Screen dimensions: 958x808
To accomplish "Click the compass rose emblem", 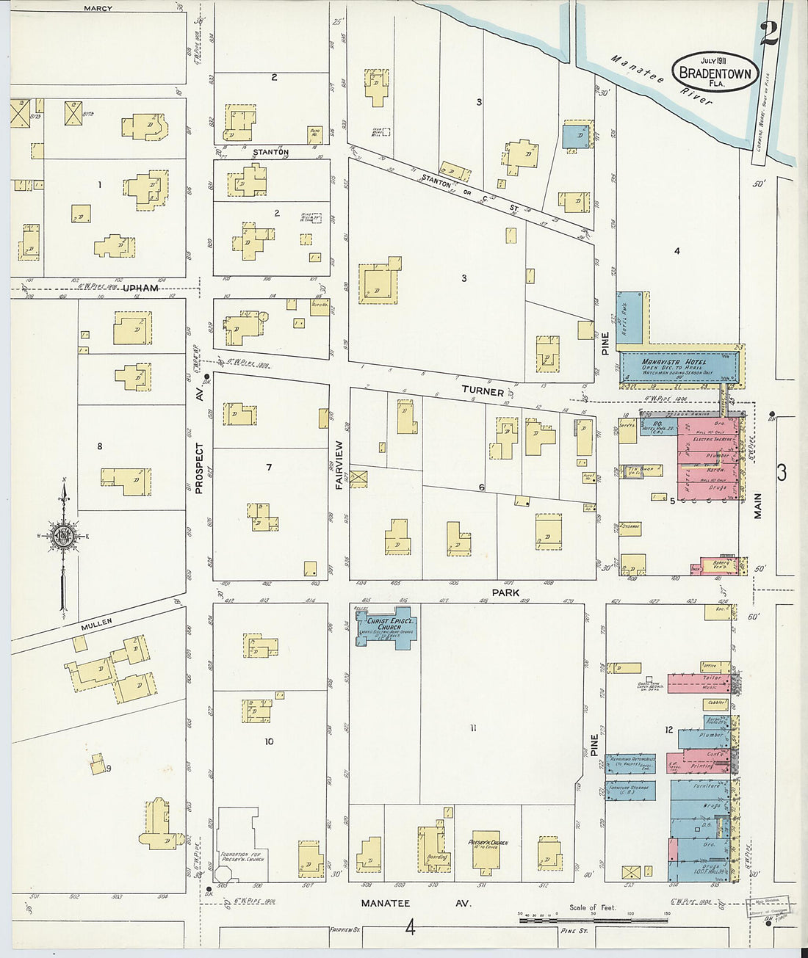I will [x=63, y=534].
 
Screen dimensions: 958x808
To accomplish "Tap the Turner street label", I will [x=483, y=392].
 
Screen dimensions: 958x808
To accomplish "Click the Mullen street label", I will [x=96, y=623].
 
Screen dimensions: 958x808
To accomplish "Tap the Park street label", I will [x=505, y=592].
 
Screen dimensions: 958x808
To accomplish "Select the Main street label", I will [x=757, y=506].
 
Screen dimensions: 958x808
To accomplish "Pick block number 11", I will [x=474, y=728].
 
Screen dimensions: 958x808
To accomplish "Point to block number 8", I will [x=100, y=446].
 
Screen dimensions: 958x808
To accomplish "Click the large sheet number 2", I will [x=768, y=33].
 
